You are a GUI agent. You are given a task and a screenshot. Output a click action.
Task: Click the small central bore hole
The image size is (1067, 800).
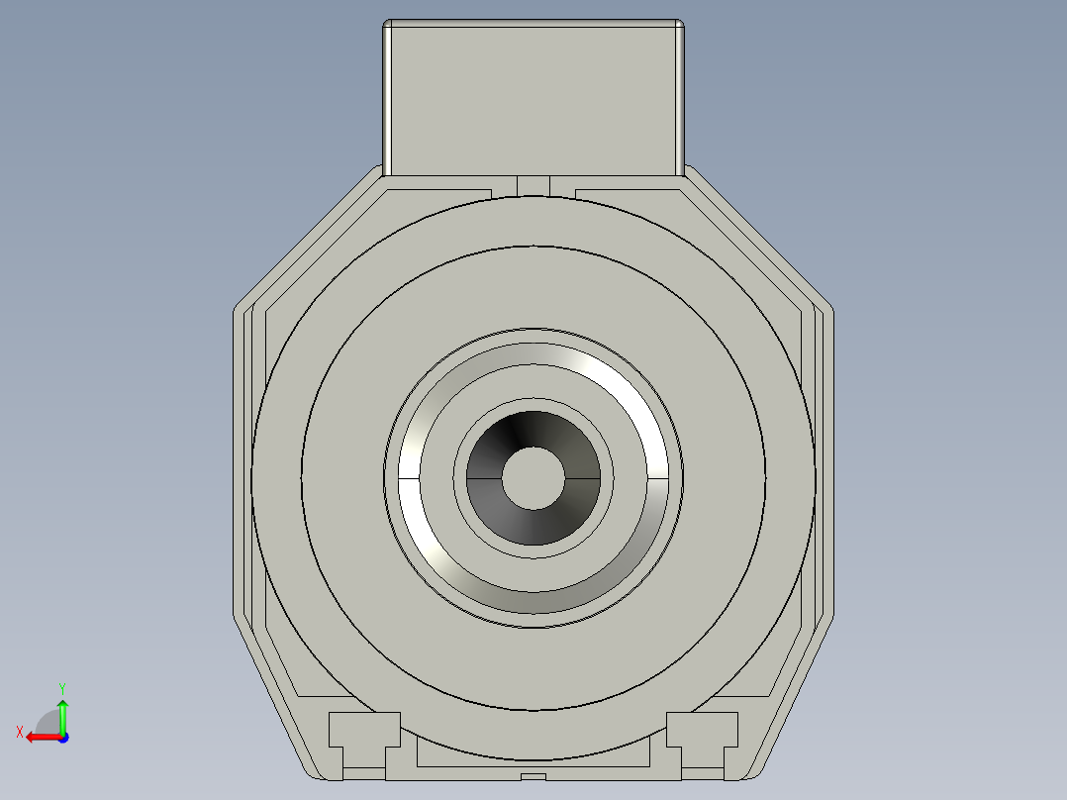click(x=533, y=478)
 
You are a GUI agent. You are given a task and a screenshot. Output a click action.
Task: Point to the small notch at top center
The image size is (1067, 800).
click(x=533, y=185)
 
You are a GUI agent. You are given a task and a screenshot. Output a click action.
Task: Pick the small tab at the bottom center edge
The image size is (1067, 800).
click(x=533, y=775)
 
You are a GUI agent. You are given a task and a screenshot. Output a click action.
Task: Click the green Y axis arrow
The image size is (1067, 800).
click(x=62, y=711)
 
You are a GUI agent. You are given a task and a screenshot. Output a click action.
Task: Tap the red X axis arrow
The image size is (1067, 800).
click(x=38, y=737)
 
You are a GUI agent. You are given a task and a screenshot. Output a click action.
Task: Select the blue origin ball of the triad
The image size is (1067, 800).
click(x=62, y=737)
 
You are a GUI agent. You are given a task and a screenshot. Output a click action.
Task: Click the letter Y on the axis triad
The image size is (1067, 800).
click(x=61, y=687)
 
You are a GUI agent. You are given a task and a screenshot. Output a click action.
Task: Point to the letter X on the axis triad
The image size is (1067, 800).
click(x=19, y=732)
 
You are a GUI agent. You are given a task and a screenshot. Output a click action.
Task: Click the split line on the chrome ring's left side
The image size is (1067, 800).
click(x=409, y=478)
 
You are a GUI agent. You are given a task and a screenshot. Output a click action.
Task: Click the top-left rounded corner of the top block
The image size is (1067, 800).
click(x=388, y=25)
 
